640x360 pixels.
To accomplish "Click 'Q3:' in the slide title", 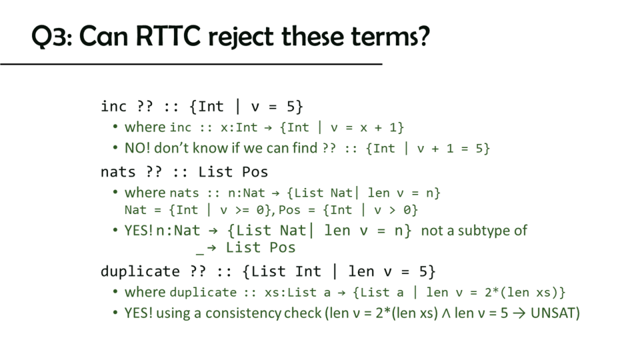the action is [x=52, y=37].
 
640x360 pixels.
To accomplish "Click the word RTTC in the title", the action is [x=168, y=36].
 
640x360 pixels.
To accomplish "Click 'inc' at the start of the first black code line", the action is [x=113, y=107].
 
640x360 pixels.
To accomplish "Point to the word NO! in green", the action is [x=137, y=148].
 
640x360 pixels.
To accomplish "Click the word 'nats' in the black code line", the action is [x=118, y=172].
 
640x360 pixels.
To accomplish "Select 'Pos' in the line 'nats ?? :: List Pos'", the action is [x=255, y=172].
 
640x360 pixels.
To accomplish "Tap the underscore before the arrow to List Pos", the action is [x=199, y=253].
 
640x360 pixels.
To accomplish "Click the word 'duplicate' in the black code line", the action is [x=140, y=271].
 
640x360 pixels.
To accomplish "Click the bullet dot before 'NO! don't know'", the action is [x=115, y=148].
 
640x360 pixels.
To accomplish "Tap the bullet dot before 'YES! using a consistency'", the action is [x=115, y=313].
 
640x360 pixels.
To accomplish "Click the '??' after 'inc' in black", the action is [x=145, y=106].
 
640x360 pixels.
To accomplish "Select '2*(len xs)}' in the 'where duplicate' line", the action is [x=525, y=292].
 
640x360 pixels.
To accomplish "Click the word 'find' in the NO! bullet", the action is [x=305, y=148].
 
